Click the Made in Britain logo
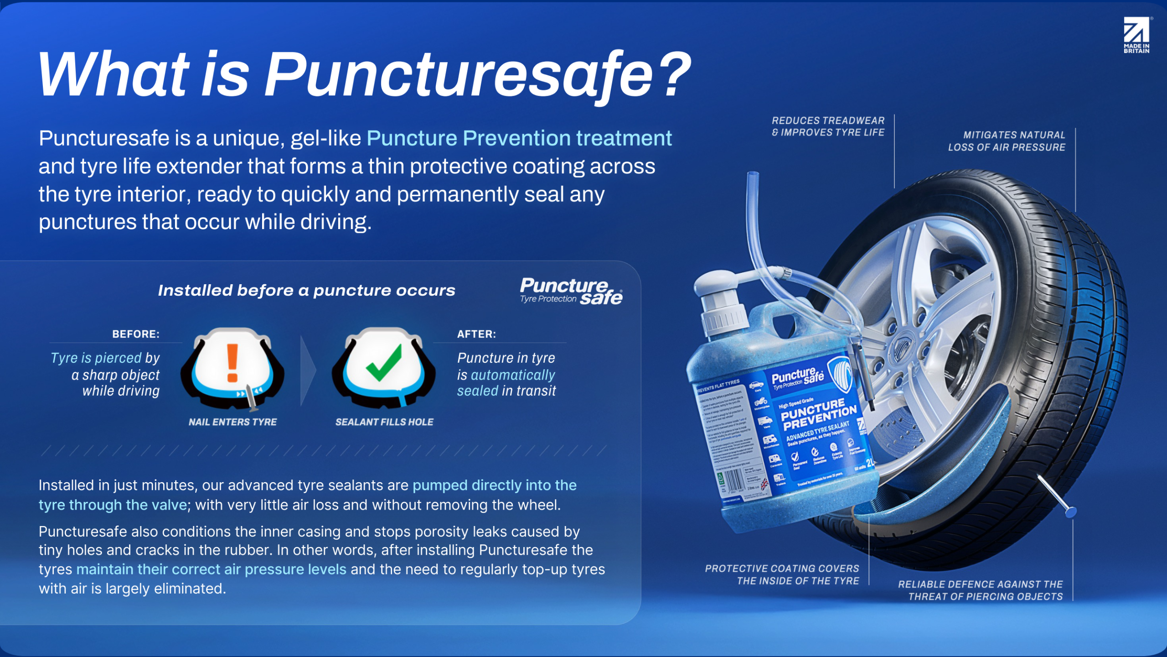(1136, 35)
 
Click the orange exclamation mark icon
(232, 363)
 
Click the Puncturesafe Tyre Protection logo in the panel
(571, 291)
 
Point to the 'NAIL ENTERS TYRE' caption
(232, 422)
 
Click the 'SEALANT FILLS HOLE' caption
(384, 422)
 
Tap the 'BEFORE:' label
(136, 334)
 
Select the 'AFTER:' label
(476, 334)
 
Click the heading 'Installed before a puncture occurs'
(306, 291)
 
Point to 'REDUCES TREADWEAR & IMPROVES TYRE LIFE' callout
(828, 126)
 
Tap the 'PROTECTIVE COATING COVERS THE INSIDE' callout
(782, 574)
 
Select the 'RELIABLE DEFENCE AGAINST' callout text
(980, 590)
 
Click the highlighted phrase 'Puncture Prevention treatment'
(519, 138)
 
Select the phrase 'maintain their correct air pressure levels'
(211, 569)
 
